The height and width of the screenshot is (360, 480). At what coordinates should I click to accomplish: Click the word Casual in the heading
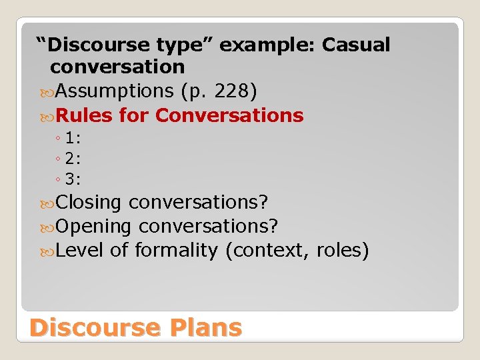pyautogui.click(x=356, y=45)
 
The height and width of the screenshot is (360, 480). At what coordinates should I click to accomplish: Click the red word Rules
pyautogui.click(x=85, y=115)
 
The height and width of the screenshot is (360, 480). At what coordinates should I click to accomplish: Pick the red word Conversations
pyautogui.click(x=229, y=115)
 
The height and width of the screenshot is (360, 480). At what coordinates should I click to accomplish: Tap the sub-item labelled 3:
pyautogui.click(x=73, y=179)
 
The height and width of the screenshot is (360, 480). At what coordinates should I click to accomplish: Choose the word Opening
pyautogui.click(x=93, y=226)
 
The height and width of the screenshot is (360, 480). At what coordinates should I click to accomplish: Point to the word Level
pyautogui.click(x=80, y=251)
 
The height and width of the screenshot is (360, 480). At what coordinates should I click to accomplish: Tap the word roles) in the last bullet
pyautogui.click(x=343, y=251)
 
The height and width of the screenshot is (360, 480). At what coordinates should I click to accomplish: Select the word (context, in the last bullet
pyautogui.click(x=267, y=251)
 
